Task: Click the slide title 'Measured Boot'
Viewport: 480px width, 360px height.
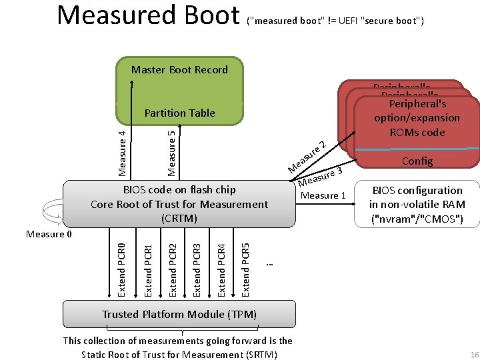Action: click(x=148, y=16)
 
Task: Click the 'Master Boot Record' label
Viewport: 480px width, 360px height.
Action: click(x=179, y=70)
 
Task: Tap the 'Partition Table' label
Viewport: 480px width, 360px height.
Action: click(x=179, y=113)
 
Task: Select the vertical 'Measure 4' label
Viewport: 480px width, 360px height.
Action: click(x=122, y=153)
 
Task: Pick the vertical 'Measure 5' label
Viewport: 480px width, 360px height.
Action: click(x=172, y=153)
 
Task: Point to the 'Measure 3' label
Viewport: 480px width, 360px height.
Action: click(x=321, y=177)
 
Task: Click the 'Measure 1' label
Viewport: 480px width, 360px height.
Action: click(x=323, y=195)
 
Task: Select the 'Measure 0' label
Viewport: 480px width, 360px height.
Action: click(x=49, y=234)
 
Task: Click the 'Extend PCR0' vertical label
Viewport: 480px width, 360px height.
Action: click(x=121, y=263)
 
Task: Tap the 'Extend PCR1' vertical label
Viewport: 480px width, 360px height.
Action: click(x=147, y=263)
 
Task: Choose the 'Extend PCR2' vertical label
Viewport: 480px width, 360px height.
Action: click(x=172, y=263)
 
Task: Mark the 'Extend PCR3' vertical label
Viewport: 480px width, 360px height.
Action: click(x=197, y=263)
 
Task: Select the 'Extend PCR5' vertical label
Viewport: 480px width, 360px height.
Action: click(x=246, y=263)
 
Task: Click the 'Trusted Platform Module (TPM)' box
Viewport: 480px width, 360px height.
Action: click(x=179, y=314)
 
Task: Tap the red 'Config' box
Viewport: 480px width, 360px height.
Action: click(x=417, y=161)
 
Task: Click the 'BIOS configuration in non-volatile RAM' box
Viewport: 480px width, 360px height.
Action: click(x=417, y=205)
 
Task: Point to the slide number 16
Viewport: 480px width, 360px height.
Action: click(x=474, y=353)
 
